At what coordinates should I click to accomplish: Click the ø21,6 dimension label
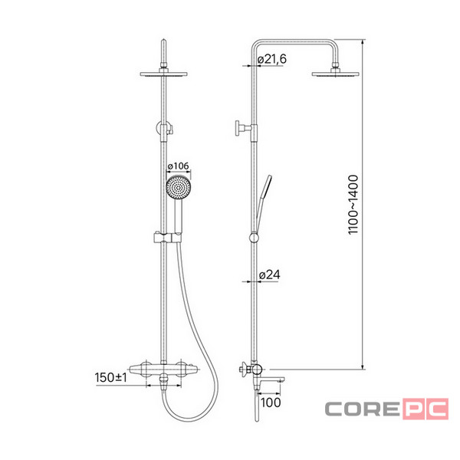point(272,59)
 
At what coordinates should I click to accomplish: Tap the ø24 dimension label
point(270,275)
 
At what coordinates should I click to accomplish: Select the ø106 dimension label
point(178,166)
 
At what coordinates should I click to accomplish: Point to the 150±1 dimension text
point(111,377)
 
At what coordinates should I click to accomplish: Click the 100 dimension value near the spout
point(271,402)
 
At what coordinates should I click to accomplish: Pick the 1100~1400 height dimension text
point(353,205)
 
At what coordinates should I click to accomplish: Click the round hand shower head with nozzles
point(179,188)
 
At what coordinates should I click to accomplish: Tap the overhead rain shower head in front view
point(164,74)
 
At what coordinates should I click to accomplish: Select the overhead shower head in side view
point(335,74)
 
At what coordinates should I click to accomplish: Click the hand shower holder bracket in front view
point(167,238)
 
